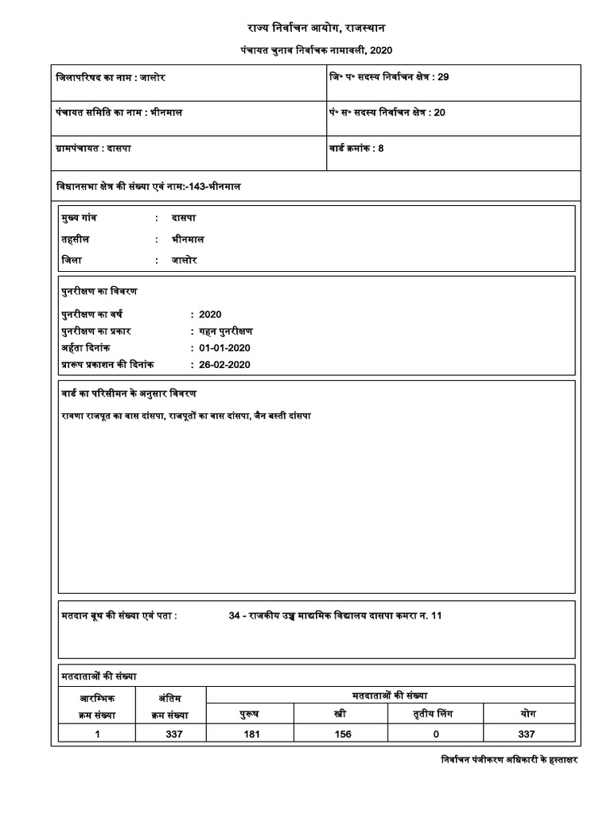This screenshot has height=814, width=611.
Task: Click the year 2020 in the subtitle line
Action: click(x=381, y=50)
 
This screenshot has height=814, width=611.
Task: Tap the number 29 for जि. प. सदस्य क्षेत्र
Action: click(x=442, y=77)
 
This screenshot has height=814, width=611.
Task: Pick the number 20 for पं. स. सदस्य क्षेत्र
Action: click(x=439, y=112)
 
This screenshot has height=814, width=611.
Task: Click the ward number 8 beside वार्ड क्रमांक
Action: click(x=381, y=148)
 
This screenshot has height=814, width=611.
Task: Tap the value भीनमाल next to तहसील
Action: click(x=189, y=238)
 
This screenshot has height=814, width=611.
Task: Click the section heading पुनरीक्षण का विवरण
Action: click(x=104, y=292)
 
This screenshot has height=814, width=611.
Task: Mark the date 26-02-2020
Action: click(x=225, y=364)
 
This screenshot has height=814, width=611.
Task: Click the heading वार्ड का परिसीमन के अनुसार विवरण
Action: click(x=129, y=394)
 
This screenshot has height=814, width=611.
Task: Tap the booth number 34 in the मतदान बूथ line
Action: click(x=233, y=615)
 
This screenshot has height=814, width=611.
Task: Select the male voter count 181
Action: click(x=253, y=735)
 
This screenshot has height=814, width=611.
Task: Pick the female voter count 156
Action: click(x=343, y=735)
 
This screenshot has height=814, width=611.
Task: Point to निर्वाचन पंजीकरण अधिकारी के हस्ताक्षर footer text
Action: click(x=508, y=760)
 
